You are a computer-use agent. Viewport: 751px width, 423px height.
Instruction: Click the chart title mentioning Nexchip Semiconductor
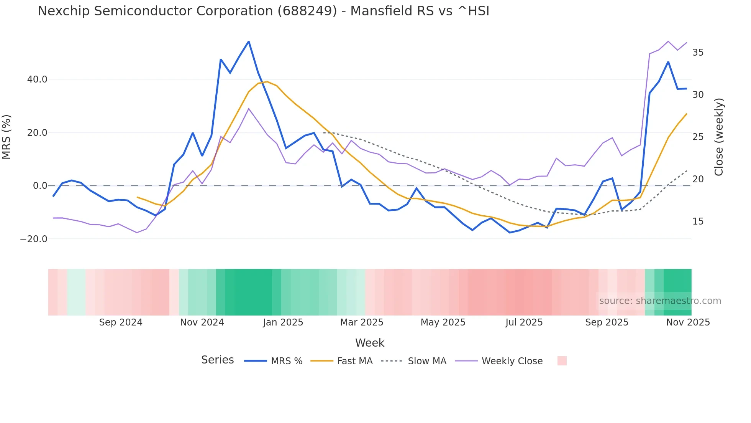point(263,11)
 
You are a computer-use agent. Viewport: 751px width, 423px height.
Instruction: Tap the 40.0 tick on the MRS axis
point(37,79)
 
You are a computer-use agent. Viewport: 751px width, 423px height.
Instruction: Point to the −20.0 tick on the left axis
point(34,239)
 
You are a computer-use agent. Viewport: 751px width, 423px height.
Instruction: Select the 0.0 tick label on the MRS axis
point(40,186)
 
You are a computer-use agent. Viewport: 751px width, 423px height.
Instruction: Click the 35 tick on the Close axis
point(698,53)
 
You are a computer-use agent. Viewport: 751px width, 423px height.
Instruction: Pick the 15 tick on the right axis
point(698,221)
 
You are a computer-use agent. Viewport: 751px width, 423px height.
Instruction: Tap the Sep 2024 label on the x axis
point(121,322)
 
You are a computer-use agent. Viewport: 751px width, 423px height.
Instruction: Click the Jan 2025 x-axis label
point(283,322)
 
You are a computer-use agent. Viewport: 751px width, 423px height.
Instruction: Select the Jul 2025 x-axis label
point(524,322)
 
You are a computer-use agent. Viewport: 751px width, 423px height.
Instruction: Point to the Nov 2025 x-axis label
point(688,322)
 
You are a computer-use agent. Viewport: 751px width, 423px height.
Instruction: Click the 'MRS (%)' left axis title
point(7,137)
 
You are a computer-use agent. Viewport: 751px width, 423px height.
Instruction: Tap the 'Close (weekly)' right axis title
point(719,137)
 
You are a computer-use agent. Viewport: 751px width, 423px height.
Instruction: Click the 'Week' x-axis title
point(369,343)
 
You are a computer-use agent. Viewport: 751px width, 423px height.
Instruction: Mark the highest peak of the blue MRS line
point(249,41)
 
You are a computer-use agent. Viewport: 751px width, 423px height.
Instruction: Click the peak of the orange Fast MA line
point(267,81)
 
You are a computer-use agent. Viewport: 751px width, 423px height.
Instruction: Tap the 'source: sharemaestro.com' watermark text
point(660,301)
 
